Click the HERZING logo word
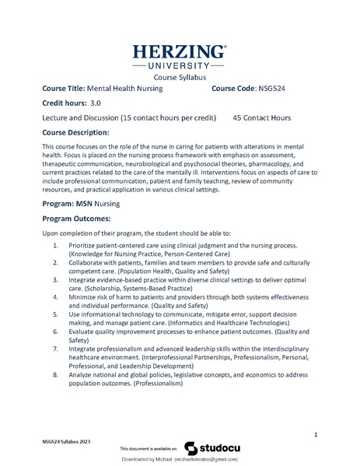179,53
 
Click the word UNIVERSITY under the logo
179,68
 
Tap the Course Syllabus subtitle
179,79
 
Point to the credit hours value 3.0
96,103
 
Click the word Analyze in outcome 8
82,375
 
